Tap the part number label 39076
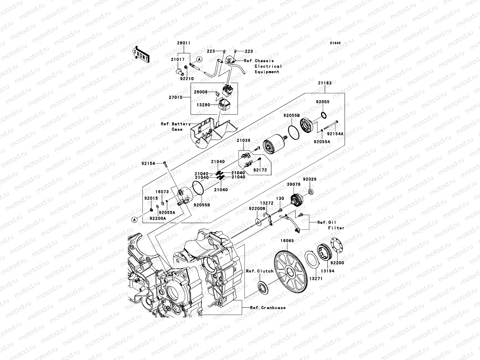293,184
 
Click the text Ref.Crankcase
268,307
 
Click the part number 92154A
335,134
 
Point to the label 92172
260,170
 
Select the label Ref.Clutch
260,271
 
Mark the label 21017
178,59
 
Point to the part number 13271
314,279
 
